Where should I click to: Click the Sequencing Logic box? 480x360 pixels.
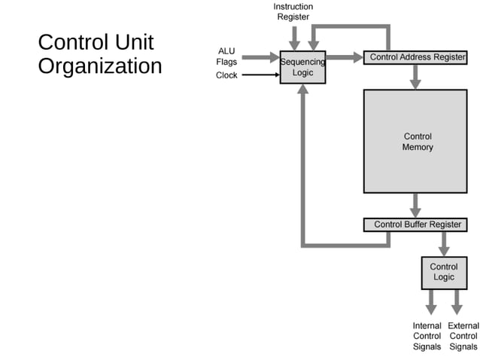tap(302, 67)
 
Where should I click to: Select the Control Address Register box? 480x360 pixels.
tap(418, 57)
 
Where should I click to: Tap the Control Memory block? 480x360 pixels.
tap(417, 142)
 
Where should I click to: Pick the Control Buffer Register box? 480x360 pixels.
tap(418, 224)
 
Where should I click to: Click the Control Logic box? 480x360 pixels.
tap(443, 272)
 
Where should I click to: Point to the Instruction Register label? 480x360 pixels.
tap(293, 11)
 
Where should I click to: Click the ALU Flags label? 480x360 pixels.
tap(226, 56)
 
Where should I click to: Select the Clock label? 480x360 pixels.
tap(226, 75)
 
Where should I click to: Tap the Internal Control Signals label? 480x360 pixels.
tap(427, 336)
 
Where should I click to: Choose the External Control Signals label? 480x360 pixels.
tap(463, 336)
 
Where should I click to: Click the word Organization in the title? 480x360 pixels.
tap(99, 66)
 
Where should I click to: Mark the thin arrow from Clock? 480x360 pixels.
tap(260, 75)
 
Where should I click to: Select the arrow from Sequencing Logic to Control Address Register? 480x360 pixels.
tap(345, 57)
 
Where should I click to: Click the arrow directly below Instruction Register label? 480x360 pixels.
tap(295, 36)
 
